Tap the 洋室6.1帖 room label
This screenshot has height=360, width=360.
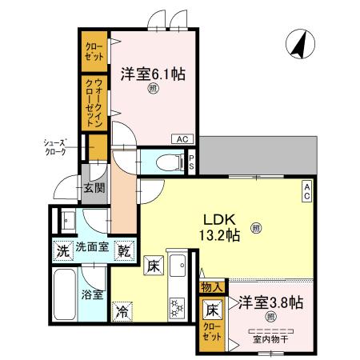pyautogui.click(x=153, y=74)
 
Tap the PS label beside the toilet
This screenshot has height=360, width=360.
pyautogui.click(x=193, y=162)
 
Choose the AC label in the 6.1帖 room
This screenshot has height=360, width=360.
pyautogui.click(x=182, y=138)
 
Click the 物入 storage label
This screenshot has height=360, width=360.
pyautogui.click(x=213, y=286)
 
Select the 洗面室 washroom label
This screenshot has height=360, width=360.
pyautogui.click(x=93, y=250)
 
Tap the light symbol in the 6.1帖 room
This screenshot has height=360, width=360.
pyautogui.click(x=152, y=90)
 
